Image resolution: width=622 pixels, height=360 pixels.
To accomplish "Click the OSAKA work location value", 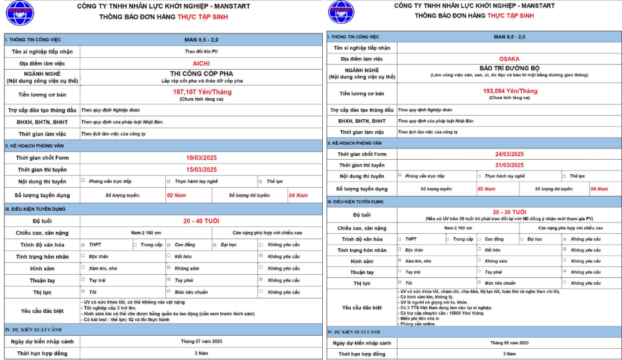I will pyautogui.click(x=509, y=58).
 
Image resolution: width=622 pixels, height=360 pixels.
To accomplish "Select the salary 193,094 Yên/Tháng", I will pyautogui.click(x=510, y=91).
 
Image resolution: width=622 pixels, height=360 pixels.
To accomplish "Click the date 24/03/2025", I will pyautogui.click(x=510, y=154).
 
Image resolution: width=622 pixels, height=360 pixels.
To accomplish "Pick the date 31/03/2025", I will pyautogui.click(x=510, y=165).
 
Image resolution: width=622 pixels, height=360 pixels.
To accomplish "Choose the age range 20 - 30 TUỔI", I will pyautogui.click(x=509, y=212).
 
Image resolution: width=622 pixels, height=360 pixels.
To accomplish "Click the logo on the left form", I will pyautogui.click(x=20, y=12).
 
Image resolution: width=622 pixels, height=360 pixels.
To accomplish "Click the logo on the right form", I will pyautogui.click(x=341, y=12).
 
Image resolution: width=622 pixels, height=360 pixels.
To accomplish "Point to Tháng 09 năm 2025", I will pyautogui.click(x=509, y=343).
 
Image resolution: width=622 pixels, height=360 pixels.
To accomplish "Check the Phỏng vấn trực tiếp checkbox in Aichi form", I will pyautogui.click(x=83, y=181).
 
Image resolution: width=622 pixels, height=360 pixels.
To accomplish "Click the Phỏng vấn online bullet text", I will pyautogui.click(x=417, y=324).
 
